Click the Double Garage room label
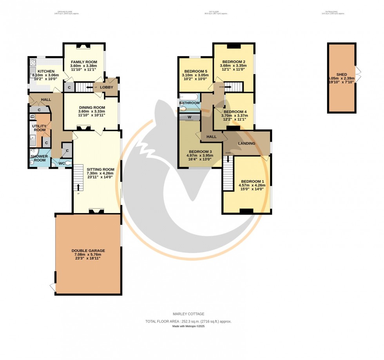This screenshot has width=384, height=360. (x=88, y=251)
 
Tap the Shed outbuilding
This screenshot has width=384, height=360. (x=342, y=78)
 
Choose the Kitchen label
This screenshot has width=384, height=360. (x=46, y=71)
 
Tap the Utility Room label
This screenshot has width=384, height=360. (x=40, y=128)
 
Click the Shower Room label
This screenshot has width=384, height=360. (x=39, y=158)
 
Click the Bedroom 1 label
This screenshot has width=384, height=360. (x=252, y=181)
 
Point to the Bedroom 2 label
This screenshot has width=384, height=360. (x=234, y=62)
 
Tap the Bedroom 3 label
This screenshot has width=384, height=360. (x=200, y=152)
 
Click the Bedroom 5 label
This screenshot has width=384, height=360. (x=196, y=71)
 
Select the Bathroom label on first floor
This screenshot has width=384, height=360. (x=190, y=103)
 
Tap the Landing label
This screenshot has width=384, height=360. (x=246, y=143)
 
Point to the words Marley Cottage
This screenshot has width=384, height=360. (x=188, y=314)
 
